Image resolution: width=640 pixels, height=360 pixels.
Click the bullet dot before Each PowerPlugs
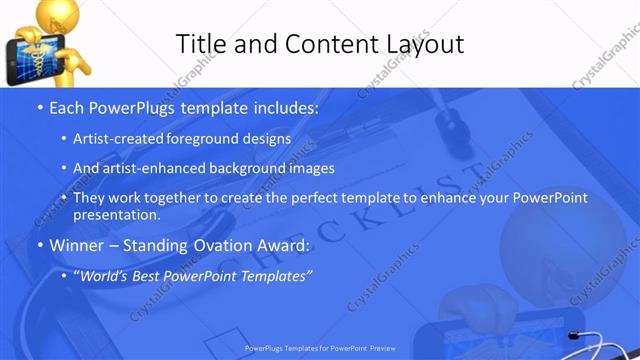pos(39,107)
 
